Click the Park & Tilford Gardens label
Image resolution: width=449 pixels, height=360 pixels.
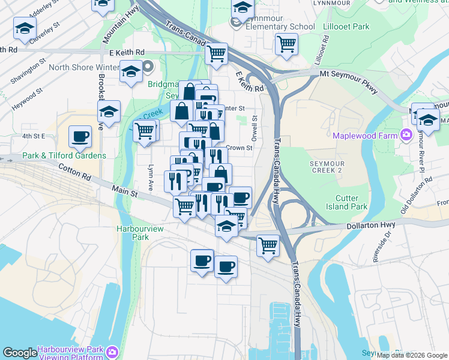click(x=64, y=156)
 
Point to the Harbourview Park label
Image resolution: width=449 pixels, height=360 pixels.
click(x=131, y=233)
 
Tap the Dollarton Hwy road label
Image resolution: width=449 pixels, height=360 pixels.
click(x=369, y=225)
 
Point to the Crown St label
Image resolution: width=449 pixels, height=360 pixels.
click(x=239, y=148)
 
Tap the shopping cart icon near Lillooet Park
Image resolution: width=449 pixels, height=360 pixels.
click(x=286, y=44)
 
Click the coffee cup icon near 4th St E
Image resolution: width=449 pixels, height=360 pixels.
click(x=80, y=136)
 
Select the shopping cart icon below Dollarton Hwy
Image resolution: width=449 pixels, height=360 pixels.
click(x=267, y=244)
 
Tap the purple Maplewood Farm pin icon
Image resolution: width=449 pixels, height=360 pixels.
click(x=406, y=134)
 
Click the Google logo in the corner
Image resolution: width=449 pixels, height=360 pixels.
click(x=20, y=353)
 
